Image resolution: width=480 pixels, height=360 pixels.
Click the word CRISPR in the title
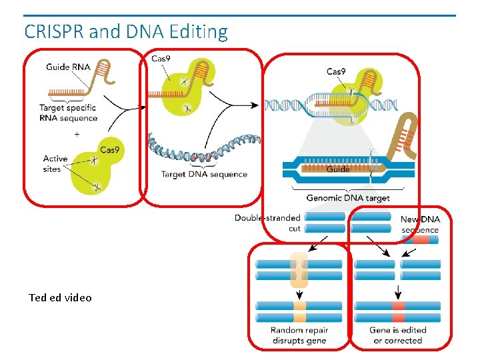coord(54,31)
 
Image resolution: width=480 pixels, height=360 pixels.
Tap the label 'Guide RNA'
coord(68,67)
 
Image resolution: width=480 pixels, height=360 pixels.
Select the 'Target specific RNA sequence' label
coord(68,113)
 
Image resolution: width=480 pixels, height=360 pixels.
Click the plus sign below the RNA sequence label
coord(77,134)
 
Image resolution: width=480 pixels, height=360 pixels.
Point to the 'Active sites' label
coord(55,164)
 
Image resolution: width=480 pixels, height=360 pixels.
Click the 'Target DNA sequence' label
coord(204,174)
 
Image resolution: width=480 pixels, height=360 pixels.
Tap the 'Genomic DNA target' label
coord(348,198)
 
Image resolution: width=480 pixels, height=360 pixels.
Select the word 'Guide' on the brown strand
coord(338,169)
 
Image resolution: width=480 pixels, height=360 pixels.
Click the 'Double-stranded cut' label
coord(267,223)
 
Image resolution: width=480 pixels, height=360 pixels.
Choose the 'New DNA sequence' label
coord(420,225)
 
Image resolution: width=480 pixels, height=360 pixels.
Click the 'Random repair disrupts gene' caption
coord(299,335)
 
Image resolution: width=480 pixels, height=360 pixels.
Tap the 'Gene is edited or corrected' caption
coord(397,335)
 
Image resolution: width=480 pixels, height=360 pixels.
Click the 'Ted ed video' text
coord(60,297)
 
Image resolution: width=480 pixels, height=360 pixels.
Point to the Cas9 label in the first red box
coord(109,150)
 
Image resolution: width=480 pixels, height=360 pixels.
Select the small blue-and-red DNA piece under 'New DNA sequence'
coord(420,240)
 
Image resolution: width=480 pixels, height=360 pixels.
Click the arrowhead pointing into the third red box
coord(255,105)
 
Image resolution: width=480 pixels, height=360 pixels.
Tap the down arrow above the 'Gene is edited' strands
coord(397,292)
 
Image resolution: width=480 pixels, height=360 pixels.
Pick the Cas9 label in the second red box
coord(161,58)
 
